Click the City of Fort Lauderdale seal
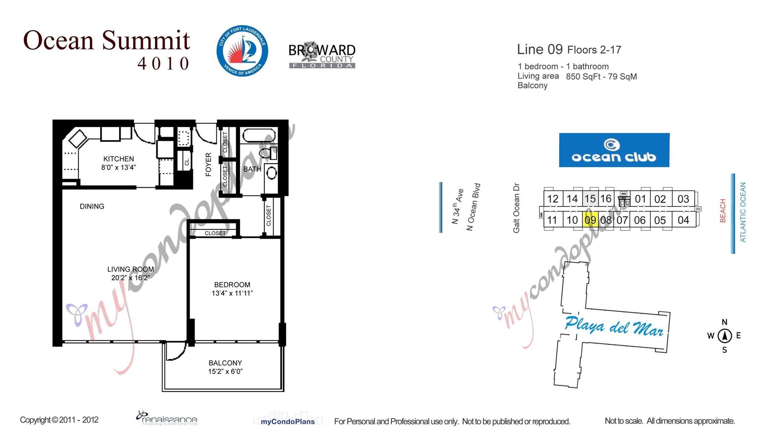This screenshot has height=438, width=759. pos(242,51)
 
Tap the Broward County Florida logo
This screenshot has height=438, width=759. pos(322,55)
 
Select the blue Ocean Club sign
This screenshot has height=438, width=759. pos(614,150)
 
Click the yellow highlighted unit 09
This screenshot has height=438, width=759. pos(590,220)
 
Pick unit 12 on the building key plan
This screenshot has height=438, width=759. pos(553,199)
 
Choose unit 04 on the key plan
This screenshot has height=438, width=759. pos(683,220)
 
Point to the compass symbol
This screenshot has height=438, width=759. pos(725,336)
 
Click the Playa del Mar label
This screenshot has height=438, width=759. pos(614,326)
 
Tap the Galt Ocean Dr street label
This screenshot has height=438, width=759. pos(516,208)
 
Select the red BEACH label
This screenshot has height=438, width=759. pos(722,211)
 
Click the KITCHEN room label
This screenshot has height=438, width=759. pos(119,159)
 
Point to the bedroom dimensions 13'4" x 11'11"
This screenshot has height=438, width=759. pos(232,293)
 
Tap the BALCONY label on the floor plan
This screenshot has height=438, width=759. pos(225,363)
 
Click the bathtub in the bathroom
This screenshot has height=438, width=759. pos(259,135)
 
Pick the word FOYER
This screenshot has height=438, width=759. pos(208,164)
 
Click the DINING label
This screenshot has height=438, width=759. pos(92,206)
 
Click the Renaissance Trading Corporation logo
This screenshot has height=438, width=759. pos(167,418)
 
